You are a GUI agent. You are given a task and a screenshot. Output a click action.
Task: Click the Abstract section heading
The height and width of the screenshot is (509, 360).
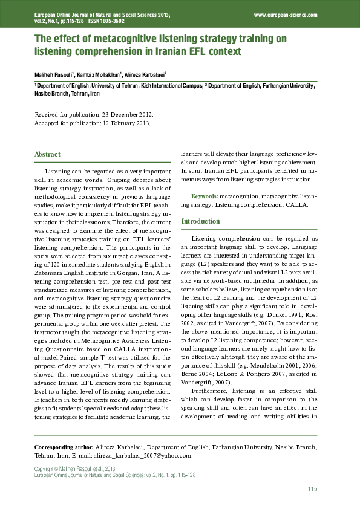pyautogui.click(x=47, y=154)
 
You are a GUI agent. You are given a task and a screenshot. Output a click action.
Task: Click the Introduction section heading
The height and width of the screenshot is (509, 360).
pyautogui.click(x=201, y=221)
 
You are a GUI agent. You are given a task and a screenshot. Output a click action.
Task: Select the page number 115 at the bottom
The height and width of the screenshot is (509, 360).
pyautogui.click(x=312, y=489)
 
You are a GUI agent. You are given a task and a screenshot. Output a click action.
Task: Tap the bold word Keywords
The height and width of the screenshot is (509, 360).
pyautogui.click(x=205, y=197)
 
